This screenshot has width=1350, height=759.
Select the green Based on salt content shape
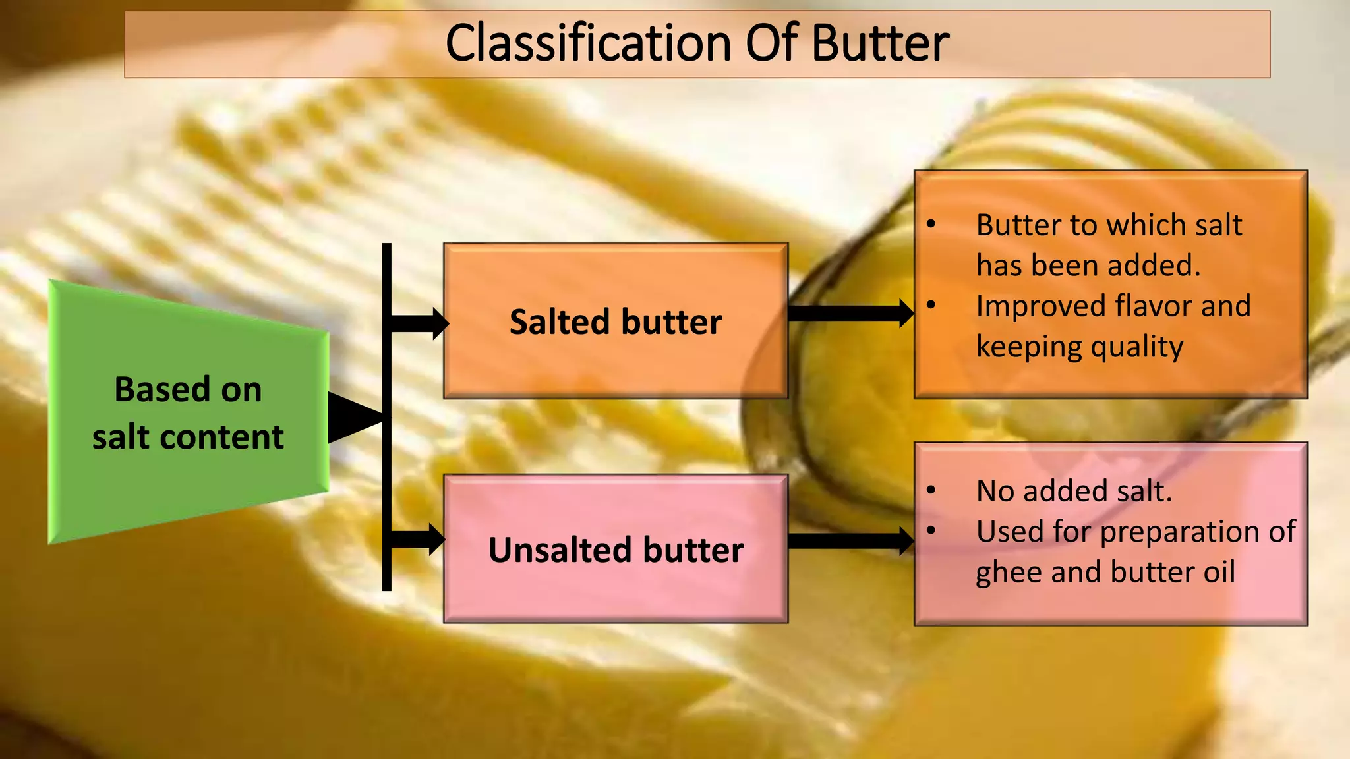coord(188,412)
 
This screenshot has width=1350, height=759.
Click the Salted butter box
coord(615,322)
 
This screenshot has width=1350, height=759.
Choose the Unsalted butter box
coord(615,549)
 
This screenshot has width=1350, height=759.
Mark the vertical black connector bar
coord(387,461)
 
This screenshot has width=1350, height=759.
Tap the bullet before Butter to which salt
coord(931,225)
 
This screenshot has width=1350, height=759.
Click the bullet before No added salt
coord(931,490)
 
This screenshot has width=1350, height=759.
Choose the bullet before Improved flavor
coord(931,305)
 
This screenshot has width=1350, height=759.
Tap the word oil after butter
coord(1219,572)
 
